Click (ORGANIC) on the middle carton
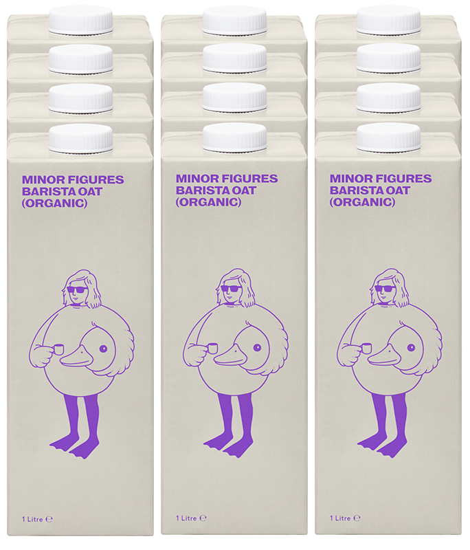coord(208,202)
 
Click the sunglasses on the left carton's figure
coord(78,290)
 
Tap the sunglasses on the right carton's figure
coord(385,289)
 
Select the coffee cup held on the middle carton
coord(212,349)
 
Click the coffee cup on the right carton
coord(366,349)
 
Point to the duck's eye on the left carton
coord(103,349)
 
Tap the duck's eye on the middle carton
coord(257,348)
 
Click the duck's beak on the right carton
coord(385,357)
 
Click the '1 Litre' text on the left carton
coord(32,519)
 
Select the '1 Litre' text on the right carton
coord(340,518)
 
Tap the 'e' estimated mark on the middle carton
coord(203,518)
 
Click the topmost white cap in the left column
coord(80,21)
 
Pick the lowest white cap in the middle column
coord(235,138)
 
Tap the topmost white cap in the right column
coord(389,20)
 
